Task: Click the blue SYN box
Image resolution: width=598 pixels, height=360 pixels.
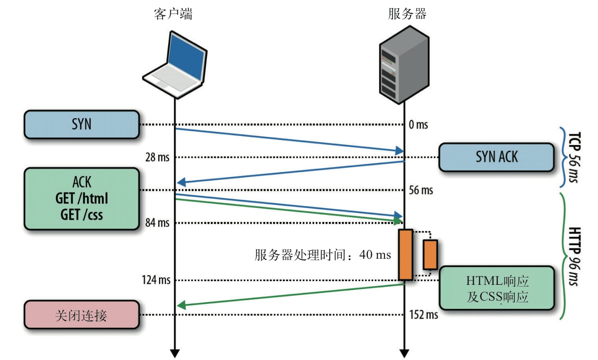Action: (81, 124)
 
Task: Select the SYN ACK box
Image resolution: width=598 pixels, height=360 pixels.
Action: (496, 157)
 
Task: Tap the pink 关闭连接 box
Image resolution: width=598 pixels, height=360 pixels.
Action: (81, 315)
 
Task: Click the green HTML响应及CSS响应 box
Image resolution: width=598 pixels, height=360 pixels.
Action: (497, 288)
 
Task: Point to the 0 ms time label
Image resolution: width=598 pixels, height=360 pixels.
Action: (418, 125)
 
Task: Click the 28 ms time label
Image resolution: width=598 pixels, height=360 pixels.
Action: (157, 157)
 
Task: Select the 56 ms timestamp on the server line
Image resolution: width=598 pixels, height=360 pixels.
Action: (421, 190)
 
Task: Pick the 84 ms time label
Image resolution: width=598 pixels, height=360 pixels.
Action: (157, 222)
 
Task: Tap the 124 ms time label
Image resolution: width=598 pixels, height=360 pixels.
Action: (155, 280)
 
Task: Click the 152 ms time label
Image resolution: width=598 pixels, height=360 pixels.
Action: (423, 315)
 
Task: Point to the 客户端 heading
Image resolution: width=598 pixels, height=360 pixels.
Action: (173, 14)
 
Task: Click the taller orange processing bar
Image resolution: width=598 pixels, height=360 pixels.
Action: (405, 255)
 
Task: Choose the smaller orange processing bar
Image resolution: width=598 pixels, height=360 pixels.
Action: (430, 255)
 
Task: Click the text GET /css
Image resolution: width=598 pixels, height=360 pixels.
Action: (82, 215)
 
